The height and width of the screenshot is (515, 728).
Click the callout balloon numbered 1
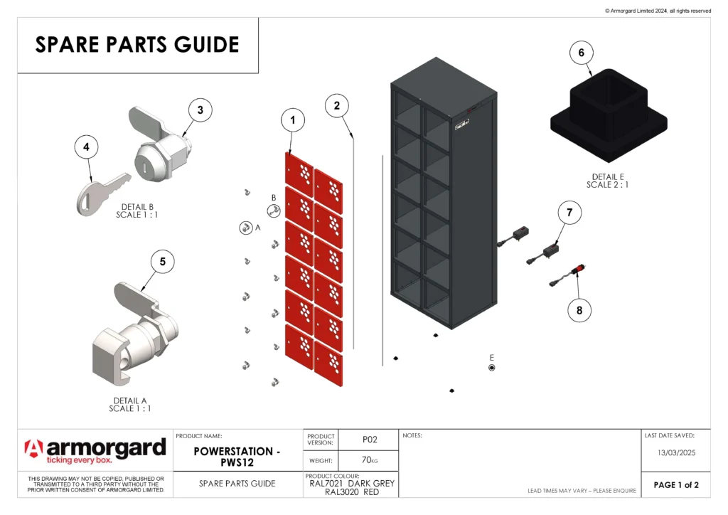(x=291, y=121)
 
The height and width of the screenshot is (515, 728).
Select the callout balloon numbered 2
(x=337, y=105)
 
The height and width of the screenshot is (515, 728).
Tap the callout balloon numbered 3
(x=200, y=110)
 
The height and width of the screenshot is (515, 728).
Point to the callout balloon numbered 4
(x=86, y=147)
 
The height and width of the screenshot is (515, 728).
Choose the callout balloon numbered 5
(x=162, y=262)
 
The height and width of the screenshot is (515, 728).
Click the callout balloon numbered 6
(x=582, y=53)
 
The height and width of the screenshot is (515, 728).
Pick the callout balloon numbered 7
(x=569, y=212)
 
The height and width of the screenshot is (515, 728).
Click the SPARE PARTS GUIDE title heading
(x=137, y=45)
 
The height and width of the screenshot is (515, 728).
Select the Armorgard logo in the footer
(x=95, y=450)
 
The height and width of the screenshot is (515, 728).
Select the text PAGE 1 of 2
(x=676, y=485)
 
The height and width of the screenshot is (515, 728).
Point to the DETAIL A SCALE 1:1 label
(x=130, y=405)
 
